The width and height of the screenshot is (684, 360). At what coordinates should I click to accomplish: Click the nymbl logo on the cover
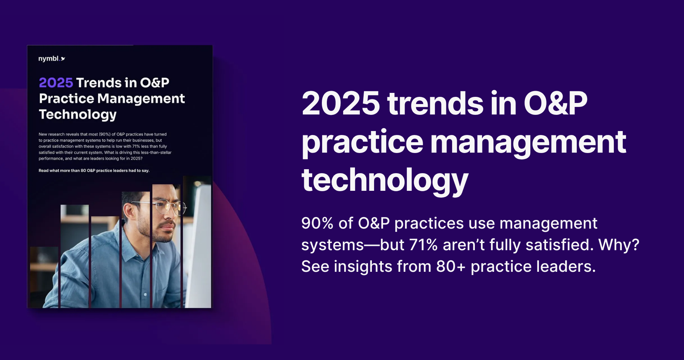51,59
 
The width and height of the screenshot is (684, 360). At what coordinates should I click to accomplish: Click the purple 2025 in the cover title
56,83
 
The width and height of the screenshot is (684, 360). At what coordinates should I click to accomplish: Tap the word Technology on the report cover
78,114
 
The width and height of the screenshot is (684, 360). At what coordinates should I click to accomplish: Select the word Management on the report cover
141,99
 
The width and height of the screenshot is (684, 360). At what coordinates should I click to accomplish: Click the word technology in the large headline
384,180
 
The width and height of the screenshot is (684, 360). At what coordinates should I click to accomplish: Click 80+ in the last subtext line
451,267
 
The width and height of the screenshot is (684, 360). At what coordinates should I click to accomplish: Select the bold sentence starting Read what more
94,171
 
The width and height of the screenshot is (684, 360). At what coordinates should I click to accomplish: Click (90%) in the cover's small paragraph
105,134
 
